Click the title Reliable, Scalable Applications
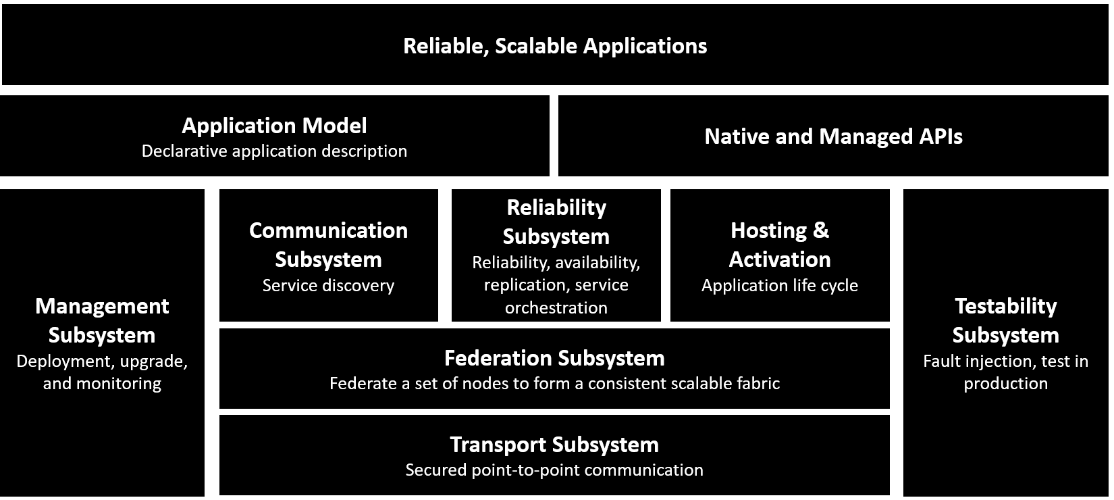(555, 46)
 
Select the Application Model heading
(274, 126)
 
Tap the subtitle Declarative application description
(274, 151)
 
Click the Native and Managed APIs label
(833, 136)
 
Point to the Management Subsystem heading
(102, 320)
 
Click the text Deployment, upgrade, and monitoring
(102, 372)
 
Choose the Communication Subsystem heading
(328, 245)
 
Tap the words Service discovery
(328, 286)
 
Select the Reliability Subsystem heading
(556, 222)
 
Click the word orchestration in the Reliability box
(556, 308)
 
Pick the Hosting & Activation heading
(779, 245)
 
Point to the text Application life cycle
(779, 286)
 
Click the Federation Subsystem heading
(554, 358)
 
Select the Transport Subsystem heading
(554, 445)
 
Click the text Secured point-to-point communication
(554, 470)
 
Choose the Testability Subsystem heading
(1005, 320)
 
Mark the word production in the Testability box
(1005, 384)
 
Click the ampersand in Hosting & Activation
(820, 231)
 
